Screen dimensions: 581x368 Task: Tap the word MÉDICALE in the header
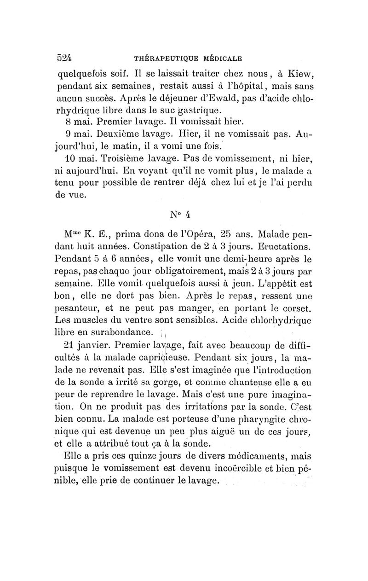[223, 58]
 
